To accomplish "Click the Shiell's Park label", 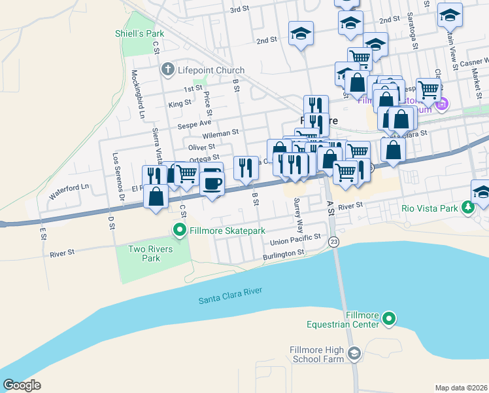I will pos(139,33).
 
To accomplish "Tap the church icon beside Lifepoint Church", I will pos(167,70).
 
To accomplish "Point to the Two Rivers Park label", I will pos(150,253).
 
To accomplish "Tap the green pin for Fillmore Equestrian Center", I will pos(389,319).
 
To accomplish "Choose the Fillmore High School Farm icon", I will pos(354,354).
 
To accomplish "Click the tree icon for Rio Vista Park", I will pos(467,208).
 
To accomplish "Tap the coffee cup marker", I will pos(211,181).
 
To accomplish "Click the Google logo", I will pos(22,385).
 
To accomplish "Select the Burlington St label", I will pos(282,252).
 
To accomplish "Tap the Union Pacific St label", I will pos(296,239).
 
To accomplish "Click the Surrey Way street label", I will pos(299,215).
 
